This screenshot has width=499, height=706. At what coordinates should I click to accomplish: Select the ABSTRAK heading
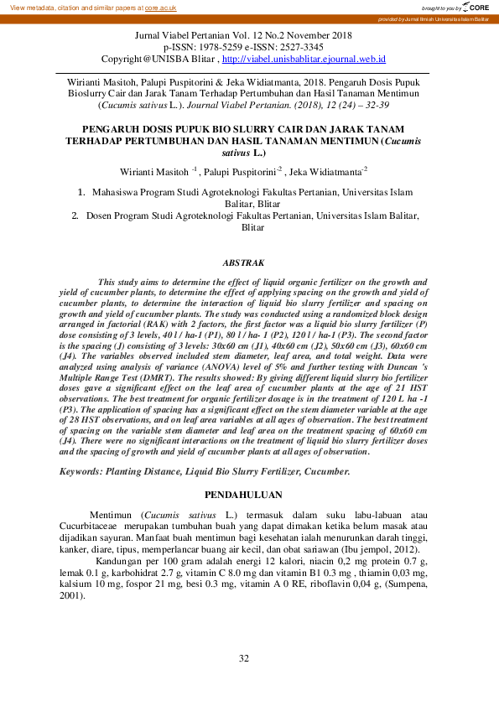(x=243, y=262)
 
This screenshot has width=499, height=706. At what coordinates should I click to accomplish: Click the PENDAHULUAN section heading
(x=243, y=494)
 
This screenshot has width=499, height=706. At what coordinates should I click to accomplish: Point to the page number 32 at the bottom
(x=243, y=658)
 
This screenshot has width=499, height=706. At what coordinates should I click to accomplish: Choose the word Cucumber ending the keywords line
(x=325, y=472)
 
